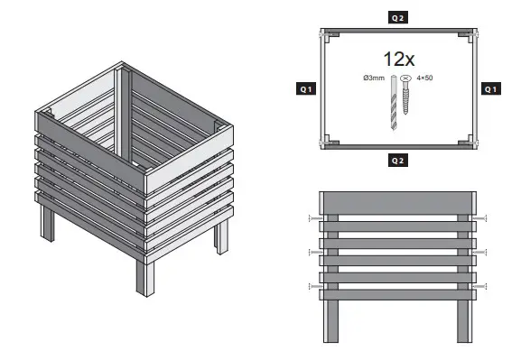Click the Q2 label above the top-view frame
(x=397, y=17)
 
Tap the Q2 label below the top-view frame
(x=397, y=160)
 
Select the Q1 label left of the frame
(x=306, y=88)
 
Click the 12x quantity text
(x=398, y=60)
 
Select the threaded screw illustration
(x=406, y=101)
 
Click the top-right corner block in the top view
(x=464, y=34)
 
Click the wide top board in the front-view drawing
(x=397, y=201)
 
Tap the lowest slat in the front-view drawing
(x=397, y=294)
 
